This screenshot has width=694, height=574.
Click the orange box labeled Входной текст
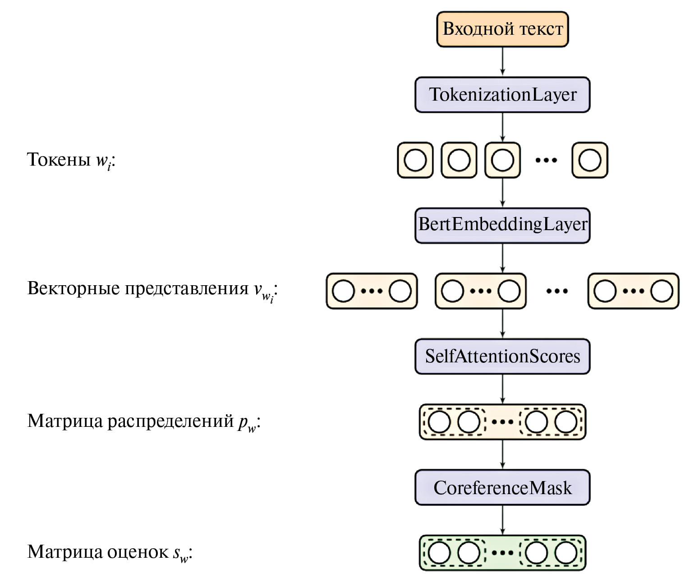pyautogui.click(x=502, y=29)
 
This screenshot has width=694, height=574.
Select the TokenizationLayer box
pyautogui.click(x=502, y=95)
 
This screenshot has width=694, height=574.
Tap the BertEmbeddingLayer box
pyautogui.click(x=502, y=225)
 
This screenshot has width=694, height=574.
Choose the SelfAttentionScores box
pyautogui.click(x=502, y=356)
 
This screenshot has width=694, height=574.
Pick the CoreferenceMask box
pyautogui.click(x=502, y=488)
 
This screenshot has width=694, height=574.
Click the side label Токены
pyautogui.click(x=59, y=159)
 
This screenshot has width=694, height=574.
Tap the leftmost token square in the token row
pyautogui.click(x=415, y=160)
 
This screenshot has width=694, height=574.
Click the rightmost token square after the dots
pyautogui.click(x=590, y=160)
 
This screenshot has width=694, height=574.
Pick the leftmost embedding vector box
pyautogui.click(x=372, y=291)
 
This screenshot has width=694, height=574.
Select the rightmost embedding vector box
pyautogui.click(x=633, y=291)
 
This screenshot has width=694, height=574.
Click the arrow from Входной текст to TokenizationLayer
pyautogui.click(x=502, y=61)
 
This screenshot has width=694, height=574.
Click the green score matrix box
pyautogui.click(x=502, y=553)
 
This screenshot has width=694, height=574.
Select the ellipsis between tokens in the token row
pyautogui.click(x=546, y=160)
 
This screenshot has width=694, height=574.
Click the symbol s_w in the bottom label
pyautogui.click(x=180, y=554)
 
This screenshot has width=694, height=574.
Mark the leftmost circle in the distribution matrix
pyautogui.click(x=439, y=422)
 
